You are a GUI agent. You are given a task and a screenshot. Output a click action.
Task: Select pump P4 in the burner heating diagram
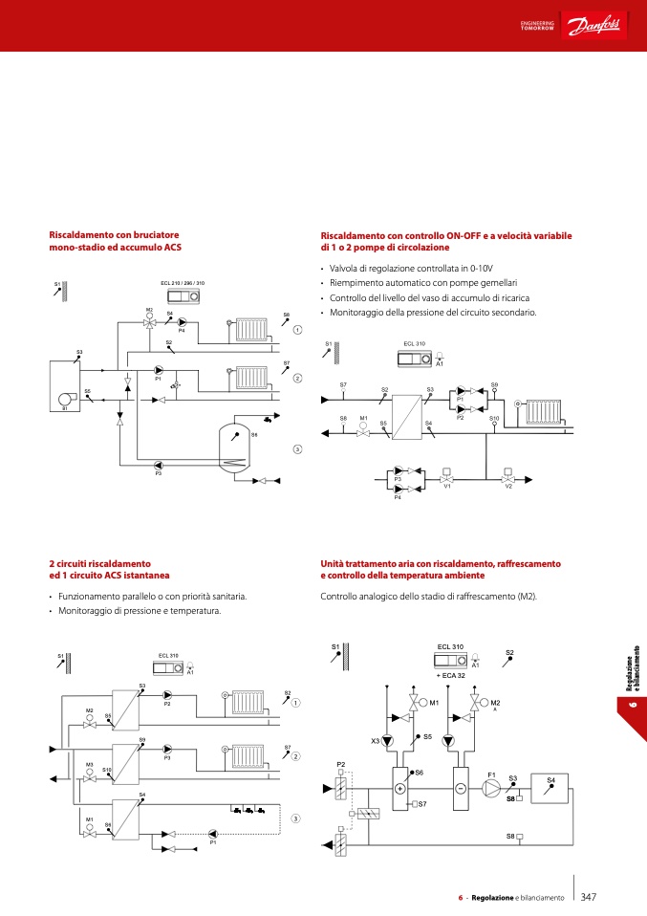[x=183, y=322]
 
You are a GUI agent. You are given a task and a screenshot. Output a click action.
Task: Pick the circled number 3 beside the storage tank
[x=297, y=449]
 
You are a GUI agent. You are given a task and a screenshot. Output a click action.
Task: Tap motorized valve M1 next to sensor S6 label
[x=363, y=431]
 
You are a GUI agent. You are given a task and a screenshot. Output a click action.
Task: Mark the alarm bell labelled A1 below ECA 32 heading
[x=475, y=661]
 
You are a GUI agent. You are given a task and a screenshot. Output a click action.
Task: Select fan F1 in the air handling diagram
[x=491, y=788]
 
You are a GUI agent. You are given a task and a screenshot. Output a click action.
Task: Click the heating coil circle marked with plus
[x=399, y=788]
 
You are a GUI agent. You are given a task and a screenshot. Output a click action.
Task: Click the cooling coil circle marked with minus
[x=460, y=788]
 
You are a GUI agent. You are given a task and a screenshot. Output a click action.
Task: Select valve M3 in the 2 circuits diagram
[x=90, y=776]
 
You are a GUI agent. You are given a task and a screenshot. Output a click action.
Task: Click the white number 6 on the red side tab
[x=632, y=706]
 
